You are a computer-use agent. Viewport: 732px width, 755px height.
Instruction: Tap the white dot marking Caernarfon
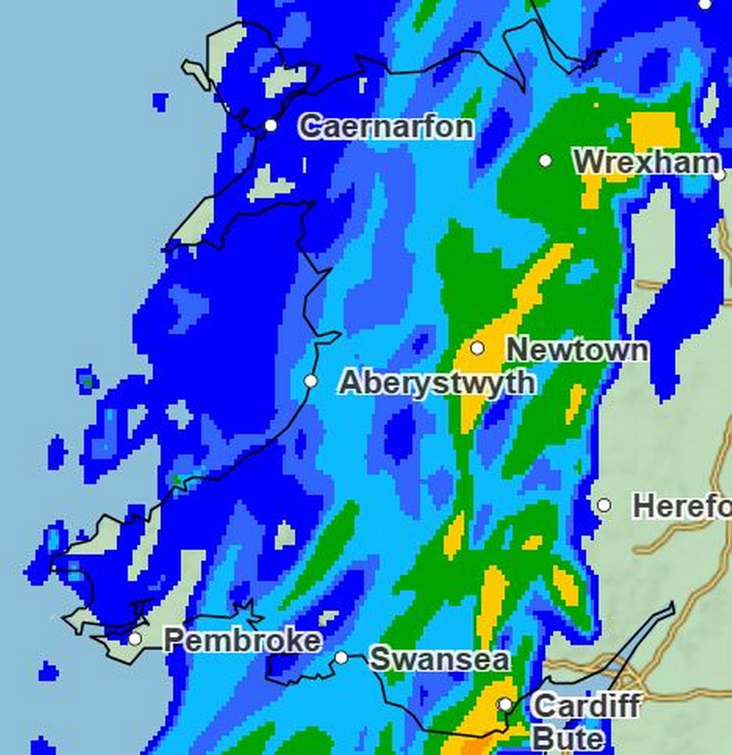[271, 125]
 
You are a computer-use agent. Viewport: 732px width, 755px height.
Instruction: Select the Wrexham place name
[645, 162]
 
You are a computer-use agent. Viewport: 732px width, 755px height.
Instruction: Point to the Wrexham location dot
[545, 160]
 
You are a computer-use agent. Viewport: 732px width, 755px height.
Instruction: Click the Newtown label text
[577, 350]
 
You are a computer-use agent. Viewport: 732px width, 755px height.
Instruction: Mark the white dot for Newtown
[478, 348]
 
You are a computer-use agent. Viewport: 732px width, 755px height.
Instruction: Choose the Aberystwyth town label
[437, 383]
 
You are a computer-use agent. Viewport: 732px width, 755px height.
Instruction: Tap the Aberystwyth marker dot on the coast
[310, 381]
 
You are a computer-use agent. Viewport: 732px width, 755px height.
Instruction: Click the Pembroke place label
[242, 640]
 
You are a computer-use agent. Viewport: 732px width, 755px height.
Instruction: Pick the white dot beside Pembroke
[135, 639]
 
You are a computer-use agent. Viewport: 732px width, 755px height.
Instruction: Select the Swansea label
[439, 659]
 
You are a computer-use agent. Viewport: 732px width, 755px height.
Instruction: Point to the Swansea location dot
[342, 657]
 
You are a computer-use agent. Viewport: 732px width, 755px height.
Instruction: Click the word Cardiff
[586, 706]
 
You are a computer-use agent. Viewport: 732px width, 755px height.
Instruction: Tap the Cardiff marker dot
[505, 704]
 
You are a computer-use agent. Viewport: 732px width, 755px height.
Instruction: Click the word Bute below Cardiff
[567, 740]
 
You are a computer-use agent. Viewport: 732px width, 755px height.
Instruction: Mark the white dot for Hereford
[603, 505]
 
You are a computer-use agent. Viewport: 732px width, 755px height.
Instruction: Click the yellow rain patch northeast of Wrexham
[655, 129]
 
